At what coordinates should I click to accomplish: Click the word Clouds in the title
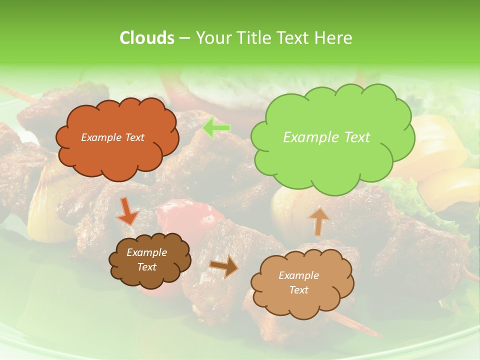[146, 38]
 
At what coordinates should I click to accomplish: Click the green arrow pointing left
[216, 128]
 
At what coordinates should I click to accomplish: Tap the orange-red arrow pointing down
[127, 211]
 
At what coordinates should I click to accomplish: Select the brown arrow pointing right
[224, 266]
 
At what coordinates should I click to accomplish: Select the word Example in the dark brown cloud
[146, 252]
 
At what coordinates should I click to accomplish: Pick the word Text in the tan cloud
[298, 290]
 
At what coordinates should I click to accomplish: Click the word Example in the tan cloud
[298, 275]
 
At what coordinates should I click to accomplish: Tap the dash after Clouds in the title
[184, 38]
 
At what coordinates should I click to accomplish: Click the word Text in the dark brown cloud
[146, 267]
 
